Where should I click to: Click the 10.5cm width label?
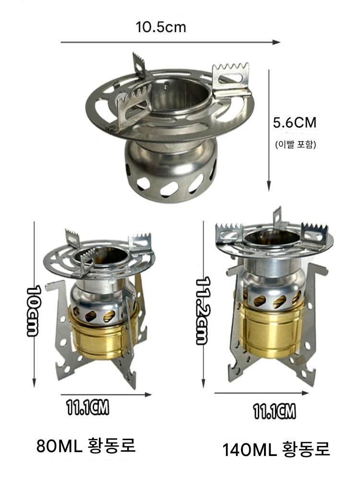(x=161, y=27)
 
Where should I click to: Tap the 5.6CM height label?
(x=295, y=123)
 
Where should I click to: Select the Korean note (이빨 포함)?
(x=295, y=144)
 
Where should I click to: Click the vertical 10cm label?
(x=33, y=312)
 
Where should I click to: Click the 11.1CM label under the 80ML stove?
(x=88, y=408)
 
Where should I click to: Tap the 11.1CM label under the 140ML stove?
(x=275, y=411)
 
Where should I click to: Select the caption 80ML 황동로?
(x=86, y=446)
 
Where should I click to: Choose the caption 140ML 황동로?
(x=276, y=449)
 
